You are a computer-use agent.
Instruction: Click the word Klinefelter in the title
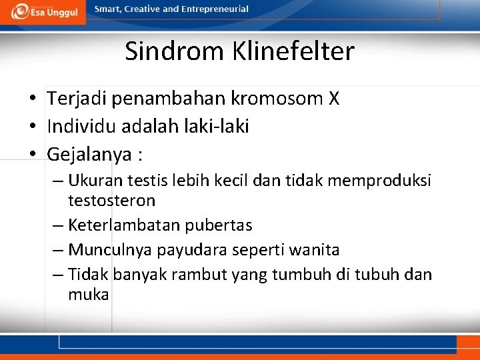pyautogui.click(x=293, y=51)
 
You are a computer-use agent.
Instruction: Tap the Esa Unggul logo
pyautogui.click(x=43, y=11)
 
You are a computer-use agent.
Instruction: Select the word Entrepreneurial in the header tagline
pyautogui.click(x=215, y=9)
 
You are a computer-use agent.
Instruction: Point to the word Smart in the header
pyautogui.click(x=108, y=9)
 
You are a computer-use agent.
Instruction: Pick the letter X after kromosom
pyautogui.click(x=334, y=99)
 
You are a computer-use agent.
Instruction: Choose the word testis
pyautogui.click(x=145, y=181)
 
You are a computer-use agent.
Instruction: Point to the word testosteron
pyautogui.click(x=111, y=200)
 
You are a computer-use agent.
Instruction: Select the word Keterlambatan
pyautogui.click(x=111, y=225)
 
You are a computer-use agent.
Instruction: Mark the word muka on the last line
pyautogui.click(x=88, y=294)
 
